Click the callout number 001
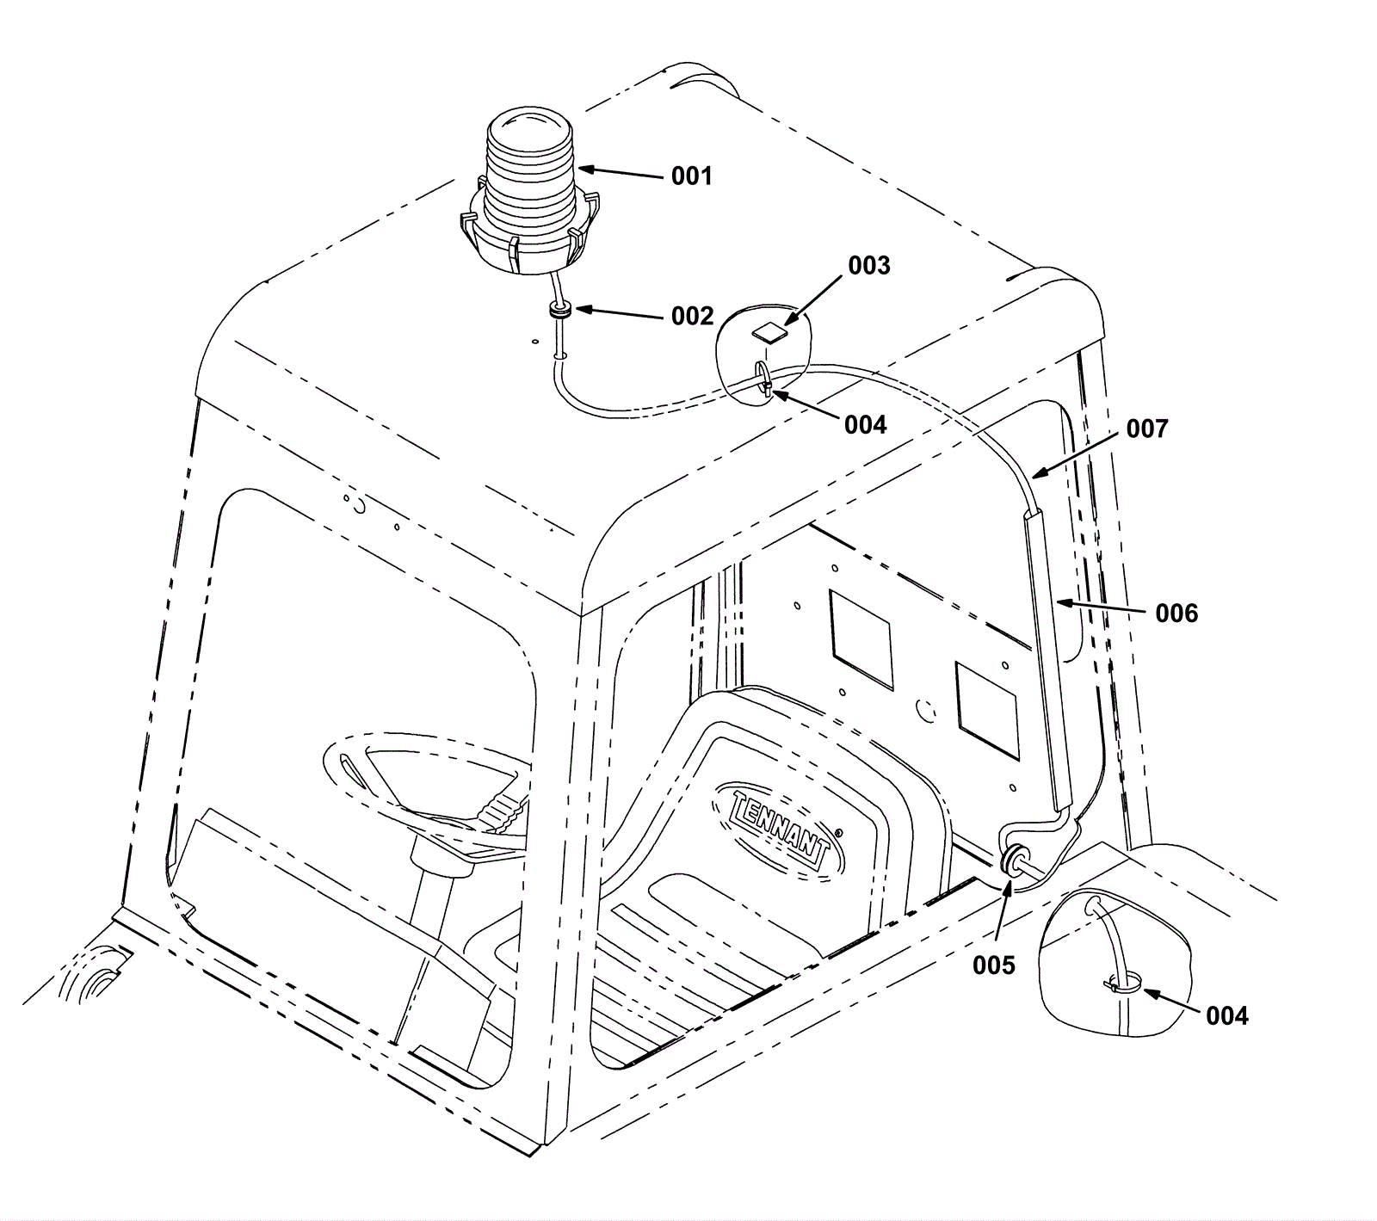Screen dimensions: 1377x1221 [x=692, y=177]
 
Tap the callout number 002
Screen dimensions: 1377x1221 [x=692, y=317]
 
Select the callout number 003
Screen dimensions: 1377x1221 [x=869, y=266]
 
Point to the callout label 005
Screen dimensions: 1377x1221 [x=994, y=965]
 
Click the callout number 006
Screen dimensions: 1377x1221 [x=1176, y=614]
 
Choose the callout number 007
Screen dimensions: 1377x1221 [x=1147, y=429]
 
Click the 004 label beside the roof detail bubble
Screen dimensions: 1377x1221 [x=865, y=425]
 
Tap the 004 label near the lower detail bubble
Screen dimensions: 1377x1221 [x=1226, y=1016]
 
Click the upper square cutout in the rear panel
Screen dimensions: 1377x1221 [x=861, y=639]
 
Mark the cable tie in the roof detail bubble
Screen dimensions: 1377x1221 [x=763, y=379]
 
